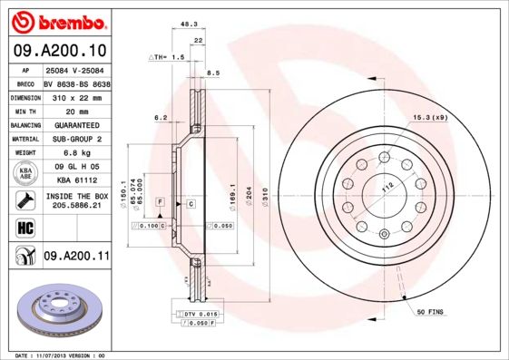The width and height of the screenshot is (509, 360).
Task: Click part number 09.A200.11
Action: click(x=76, y=258)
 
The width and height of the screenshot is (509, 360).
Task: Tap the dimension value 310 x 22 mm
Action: click(x=77, y=96)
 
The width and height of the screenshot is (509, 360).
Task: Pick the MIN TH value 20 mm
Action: click(x=77, y=111)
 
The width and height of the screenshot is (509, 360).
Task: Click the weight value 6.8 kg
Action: click(x=77, y=154)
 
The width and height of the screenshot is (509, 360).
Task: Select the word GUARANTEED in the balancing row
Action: click(x=77, y=125)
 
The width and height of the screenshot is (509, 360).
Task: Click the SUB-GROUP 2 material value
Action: click(x=77, y=140)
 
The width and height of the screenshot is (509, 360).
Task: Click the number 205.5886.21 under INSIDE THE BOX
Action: click(x=77, y=206)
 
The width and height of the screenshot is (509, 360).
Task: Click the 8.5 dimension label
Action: click(x=214, y=73)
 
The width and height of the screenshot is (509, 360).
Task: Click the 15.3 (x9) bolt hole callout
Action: click(x=429, y=118)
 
